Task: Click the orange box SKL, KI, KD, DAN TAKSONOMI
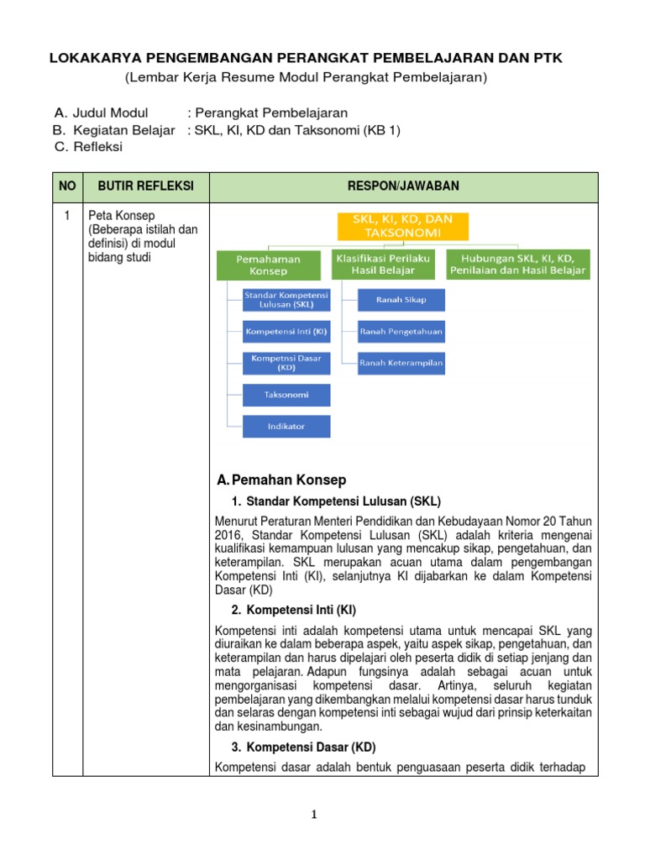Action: click(403, 227)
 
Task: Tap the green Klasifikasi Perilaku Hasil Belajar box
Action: click(383, 265)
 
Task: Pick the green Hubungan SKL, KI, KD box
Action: click(517, 265)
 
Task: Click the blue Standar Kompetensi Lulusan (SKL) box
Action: click(286, 300)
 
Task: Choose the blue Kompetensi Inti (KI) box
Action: click(286, 332)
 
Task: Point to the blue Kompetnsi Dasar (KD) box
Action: click(286, 363)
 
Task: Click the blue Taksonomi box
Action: click(286, 395)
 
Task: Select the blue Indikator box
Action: click(286, 426)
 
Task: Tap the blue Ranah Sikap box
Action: click(401, 300)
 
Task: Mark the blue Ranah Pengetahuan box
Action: click(401, 332)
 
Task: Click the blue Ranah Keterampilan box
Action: click(401, 363)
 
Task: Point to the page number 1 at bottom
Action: click(312, 814)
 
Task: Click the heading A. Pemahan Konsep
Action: click(281, 480)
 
